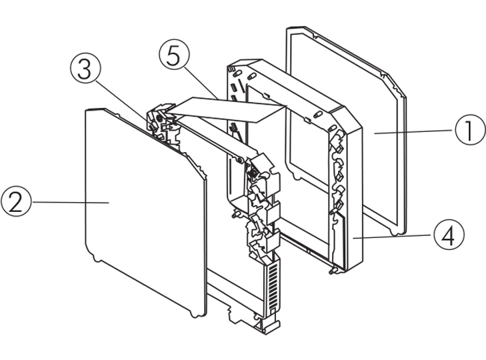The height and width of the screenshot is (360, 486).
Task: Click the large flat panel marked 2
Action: (x=140, y=213)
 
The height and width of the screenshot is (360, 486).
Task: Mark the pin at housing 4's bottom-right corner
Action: (x=331, y=271)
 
